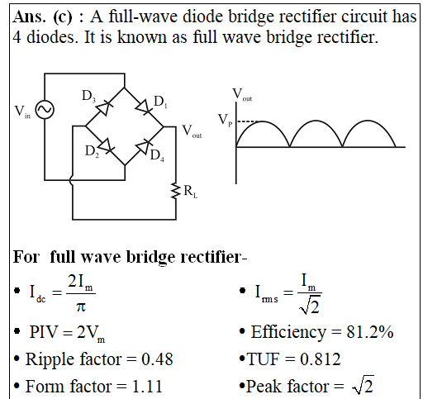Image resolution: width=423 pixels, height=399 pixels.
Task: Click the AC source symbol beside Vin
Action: (x=45, y=110)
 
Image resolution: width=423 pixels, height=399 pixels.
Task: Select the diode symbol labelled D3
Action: (x=103, y=108)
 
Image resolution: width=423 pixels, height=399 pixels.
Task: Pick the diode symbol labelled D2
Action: (x=107, y=145)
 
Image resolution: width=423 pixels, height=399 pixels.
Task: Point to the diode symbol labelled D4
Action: (x=144, y=147)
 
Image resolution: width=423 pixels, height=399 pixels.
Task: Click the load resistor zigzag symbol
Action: (x=175, y=191)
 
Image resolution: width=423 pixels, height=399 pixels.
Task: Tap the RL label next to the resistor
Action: (x=191, y=191)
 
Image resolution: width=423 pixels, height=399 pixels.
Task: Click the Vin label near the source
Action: (x=22, y=112)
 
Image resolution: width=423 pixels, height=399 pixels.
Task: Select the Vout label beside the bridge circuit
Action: (x=192, y=131)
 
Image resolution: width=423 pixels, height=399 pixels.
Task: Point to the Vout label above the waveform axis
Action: (x=242, y=94)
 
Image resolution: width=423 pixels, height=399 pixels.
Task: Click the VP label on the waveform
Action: (x=226, y=120)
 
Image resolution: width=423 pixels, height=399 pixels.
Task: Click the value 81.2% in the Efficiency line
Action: (x=370, y=332)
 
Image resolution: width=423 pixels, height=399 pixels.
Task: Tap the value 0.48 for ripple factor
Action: (x=157, y=359)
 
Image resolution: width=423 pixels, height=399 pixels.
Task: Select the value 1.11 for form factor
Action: (x=147, y=386)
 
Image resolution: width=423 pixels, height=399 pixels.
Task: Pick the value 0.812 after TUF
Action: (x=320, y=359)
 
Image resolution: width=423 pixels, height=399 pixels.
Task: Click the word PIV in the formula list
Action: (x=44, y=332)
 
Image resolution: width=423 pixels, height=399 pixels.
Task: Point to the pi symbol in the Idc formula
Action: (x=81, y=306)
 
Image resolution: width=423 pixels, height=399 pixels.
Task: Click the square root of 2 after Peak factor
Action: (x=363, y=385)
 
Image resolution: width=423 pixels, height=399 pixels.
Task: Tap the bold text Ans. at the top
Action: (x=29, y=17)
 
